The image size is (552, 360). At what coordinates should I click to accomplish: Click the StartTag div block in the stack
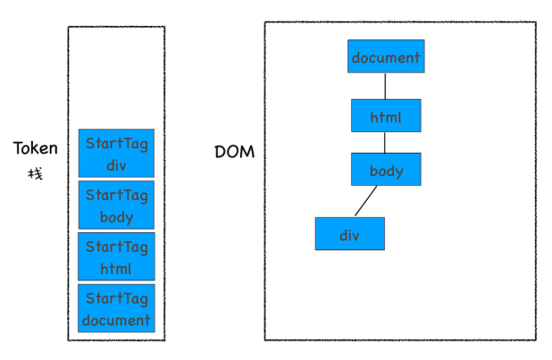tap(116, 153)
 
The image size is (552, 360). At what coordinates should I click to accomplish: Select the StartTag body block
tap(116, 205)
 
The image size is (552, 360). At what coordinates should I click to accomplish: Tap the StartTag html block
tap(116, 256)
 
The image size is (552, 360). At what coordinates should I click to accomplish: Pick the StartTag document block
tap(116, 308)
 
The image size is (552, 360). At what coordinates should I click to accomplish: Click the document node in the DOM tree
tap(386, 56)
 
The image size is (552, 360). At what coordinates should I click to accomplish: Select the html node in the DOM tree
tap(386, 116)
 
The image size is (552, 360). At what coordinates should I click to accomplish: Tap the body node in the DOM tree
tap(386, 170)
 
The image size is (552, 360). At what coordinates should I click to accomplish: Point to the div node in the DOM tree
tap(349, 234)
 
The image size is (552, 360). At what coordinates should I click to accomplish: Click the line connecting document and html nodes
tap(386, 86)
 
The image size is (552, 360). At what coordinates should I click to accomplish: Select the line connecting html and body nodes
tap(386, 143)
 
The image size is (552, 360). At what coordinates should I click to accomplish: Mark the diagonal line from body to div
tap(365, 201)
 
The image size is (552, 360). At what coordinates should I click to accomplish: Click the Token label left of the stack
tap(36, 148)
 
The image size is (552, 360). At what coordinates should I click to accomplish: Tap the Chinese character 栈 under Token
tap(36, 172)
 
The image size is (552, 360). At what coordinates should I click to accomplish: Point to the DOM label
tap(235, 152)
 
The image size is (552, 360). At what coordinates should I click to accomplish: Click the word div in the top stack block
tap(117, 164)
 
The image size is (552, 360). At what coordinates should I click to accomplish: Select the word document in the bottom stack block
tap(116, 320)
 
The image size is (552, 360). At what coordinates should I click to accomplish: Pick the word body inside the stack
tap(117, 216)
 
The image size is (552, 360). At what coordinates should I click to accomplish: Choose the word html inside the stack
tap(117, 268)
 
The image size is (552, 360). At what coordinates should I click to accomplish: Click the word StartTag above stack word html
tap(117, 246)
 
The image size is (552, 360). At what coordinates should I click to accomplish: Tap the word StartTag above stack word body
tap(117, 194)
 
